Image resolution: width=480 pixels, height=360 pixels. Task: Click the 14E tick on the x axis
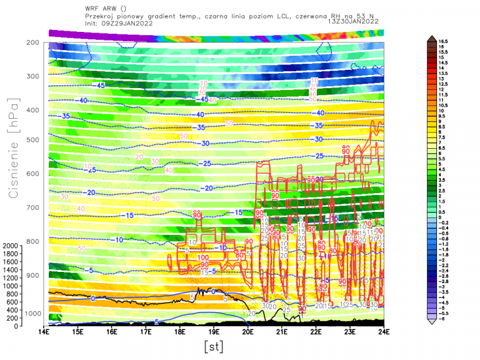[x=44, y=332]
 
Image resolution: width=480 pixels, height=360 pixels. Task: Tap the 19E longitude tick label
[x=214, y=332]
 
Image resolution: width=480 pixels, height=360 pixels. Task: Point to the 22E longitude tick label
[x=316, y=332]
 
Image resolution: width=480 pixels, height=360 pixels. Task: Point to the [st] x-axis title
[x=213, y=346]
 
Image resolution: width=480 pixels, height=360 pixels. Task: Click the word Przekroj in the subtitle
[x=99, y=16]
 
